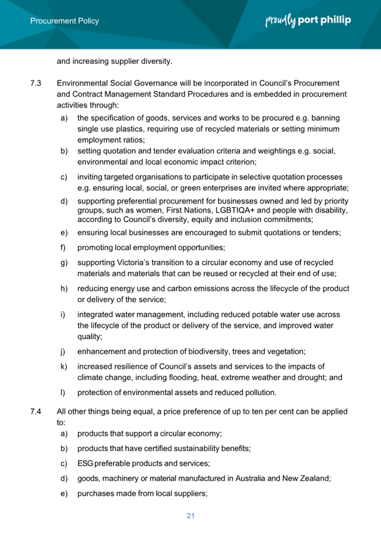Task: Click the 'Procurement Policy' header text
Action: coord(64,21)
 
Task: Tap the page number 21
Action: coord(190,515)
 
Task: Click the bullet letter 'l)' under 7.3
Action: coord(63,392)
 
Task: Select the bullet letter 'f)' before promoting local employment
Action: coord(63,247)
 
